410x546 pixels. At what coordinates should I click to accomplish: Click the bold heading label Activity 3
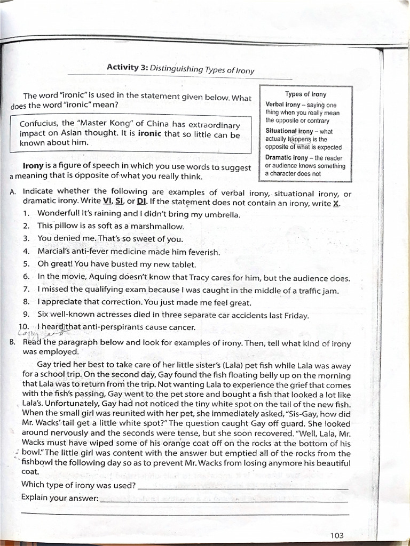pos(127,67)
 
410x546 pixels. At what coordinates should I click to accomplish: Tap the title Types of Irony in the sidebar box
pos(305,94)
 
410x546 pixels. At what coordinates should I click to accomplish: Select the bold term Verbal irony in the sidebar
pos(283,105)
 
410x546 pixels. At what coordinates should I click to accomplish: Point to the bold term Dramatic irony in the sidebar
pos(287,158)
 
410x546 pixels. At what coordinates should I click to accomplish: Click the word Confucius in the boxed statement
pos(42,123)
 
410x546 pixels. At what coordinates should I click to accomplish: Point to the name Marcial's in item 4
pos(55,251)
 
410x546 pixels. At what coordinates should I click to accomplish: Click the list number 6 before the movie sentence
pos(26,277)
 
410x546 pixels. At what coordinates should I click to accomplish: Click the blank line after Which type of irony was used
pos(243,486)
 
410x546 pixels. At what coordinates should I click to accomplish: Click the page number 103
pos(337,535)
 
